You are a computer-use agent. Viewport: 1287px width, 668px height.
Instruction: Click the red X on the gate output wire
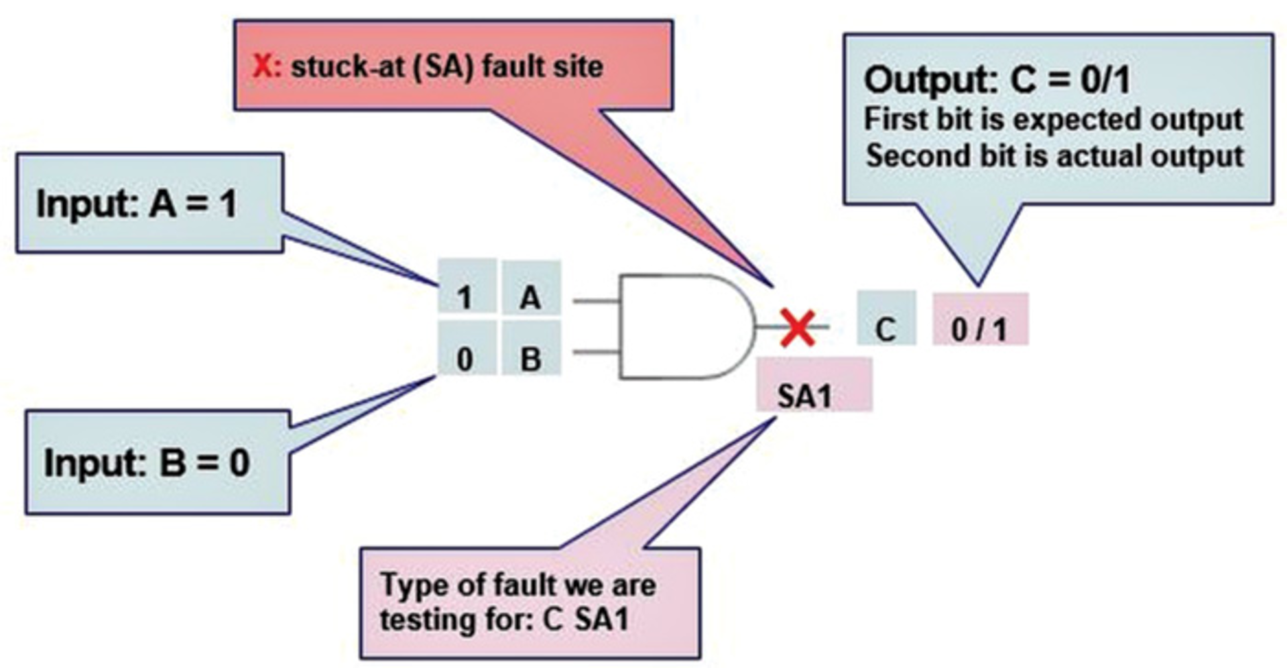pos(798,328)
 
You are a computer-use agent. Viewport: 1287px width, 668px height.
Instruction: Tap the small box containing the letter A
pos(531,297)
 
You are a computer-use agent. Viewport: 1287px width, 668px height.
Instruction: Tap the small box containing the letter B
pos(531,359)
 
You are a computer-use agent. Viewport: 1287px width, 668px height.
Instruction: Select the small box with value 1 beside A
pos(466,297)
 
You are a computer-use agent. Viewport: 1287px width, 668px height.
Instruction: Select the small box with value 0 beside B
pos(466,359)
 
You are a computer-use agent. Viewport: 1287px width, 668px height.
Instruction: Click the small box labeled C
pos(885,329)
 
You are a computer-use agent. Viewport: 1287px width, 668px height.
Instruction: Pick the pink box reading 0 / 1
pos(979,329)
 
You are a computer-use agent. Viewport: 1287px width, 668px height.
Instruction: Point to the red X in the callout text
pos(263,66)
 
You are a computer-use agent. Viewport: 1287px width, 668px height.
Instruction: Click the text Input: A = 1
pos(137,203)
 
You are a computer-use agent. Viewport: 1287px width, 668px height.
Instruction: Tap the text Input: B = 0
pos(147,463)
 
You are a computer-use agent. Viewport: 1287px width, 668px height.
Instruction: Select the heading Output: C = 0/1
pos(997,80)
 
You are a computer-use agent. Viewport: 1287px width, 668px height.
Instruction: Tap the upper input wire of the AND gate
pos(596,301)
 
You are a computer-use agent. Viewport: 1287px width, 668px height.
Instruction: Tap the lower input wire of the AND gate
pos(596,351)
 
